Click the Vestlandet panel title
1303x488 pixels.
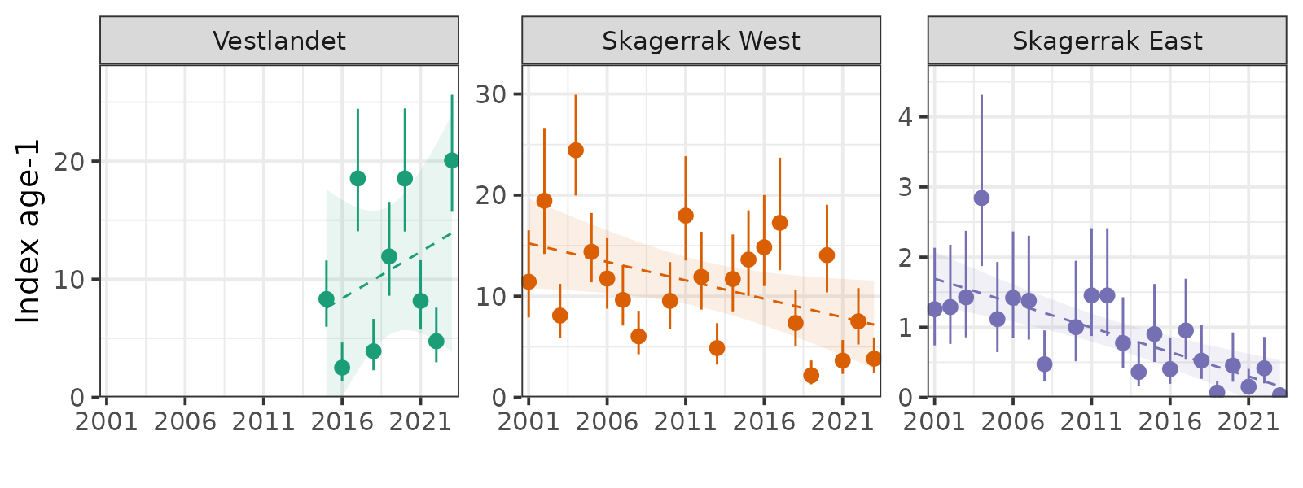point(279,41)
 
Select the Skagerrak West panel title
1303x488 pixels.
point(701,41)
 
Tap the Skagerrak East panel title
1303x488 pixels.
point(1107,41)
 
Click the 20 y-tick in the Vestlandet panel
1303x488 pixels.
point(69,161)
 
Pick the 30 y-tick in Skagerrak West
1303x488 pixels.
point(491,94)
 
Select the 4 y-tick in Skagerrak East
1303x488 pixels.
point(905,117)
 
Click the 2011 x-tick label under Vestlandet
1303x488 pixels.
point(263,421)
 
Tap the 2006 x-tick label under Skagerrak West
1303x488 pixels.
point(607,421)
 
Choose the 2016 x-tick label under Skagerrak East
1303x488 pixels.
point(1169,421)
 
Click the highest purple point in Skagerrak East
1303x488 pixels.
point(981,198)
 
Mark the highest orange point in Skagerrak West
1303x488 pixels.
point(576,150)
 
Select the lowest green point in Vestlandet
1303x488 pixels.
point(342,368)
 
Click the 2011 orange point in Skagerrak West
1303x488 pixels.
point(686,216)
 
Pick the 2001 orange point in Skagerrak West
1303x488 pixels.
point(529,282)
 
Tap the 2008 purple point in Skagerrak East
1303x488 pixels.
point(1045,364)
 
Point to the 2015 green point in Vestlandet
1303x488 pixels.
point(327,298)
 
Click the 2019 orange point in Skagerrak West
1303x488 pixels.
point(811,375)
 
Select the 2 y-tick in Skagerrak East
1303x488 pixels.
point(905,258)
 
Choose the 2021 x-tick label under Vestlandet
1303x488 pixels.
point(420,421)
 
